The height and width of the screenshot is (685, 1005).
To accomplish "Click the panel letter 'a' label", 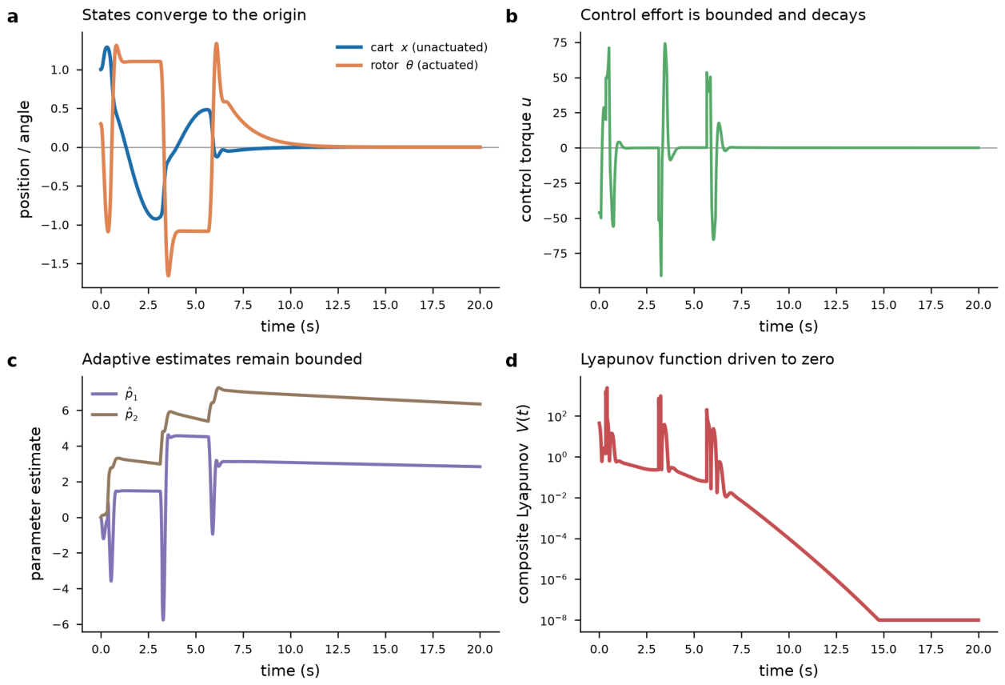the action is [x=13, y=17].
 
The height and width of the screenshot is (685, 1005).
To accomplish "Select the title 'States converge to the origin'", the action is [x=193, y=15].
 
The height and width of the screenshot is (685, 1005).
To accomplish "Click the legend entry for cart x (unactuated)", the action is [x=412, y=47].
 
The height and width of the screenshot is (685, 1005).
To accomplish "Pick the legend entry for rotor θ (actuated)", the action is [x=407, y=65].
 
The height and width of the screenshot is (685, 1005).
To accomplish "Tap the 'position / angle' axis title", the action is [x=24, y=159].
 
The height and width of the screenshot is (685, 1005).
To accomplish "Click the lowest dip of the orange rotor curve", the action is [x=168, y=275].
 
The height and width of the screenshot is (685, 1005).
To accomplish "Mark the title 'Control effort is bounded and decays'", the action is [x=723, y=15].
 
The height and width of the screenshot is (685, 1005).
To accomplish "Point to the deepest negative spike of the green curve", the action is [x=661, y=274].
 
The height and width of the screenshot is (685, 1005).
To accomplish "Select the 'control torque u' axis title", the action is [x=526, y=159].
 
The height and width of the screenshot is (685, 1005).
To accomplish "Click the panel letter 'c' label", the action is [x=13, y=361].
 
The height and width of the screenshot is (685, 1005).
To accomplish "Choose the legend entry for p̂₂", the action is [x=114, y=415].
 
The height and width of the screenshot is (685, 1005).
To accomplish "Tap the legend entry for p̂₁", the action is [x=114, y=395].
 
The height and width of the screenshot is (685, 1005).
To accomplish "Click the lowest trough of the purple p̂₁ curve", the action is [x=163, y=619].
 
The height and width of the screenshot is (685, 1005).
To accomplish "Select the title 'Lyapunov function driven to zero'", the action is [x=707, y=359].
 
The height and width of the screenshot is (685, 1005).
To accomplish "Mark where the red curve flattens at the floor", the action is [x=879, y=620].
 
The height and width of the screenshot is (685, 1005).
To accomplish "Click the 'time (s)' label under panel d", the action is [x=788, y=671].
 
